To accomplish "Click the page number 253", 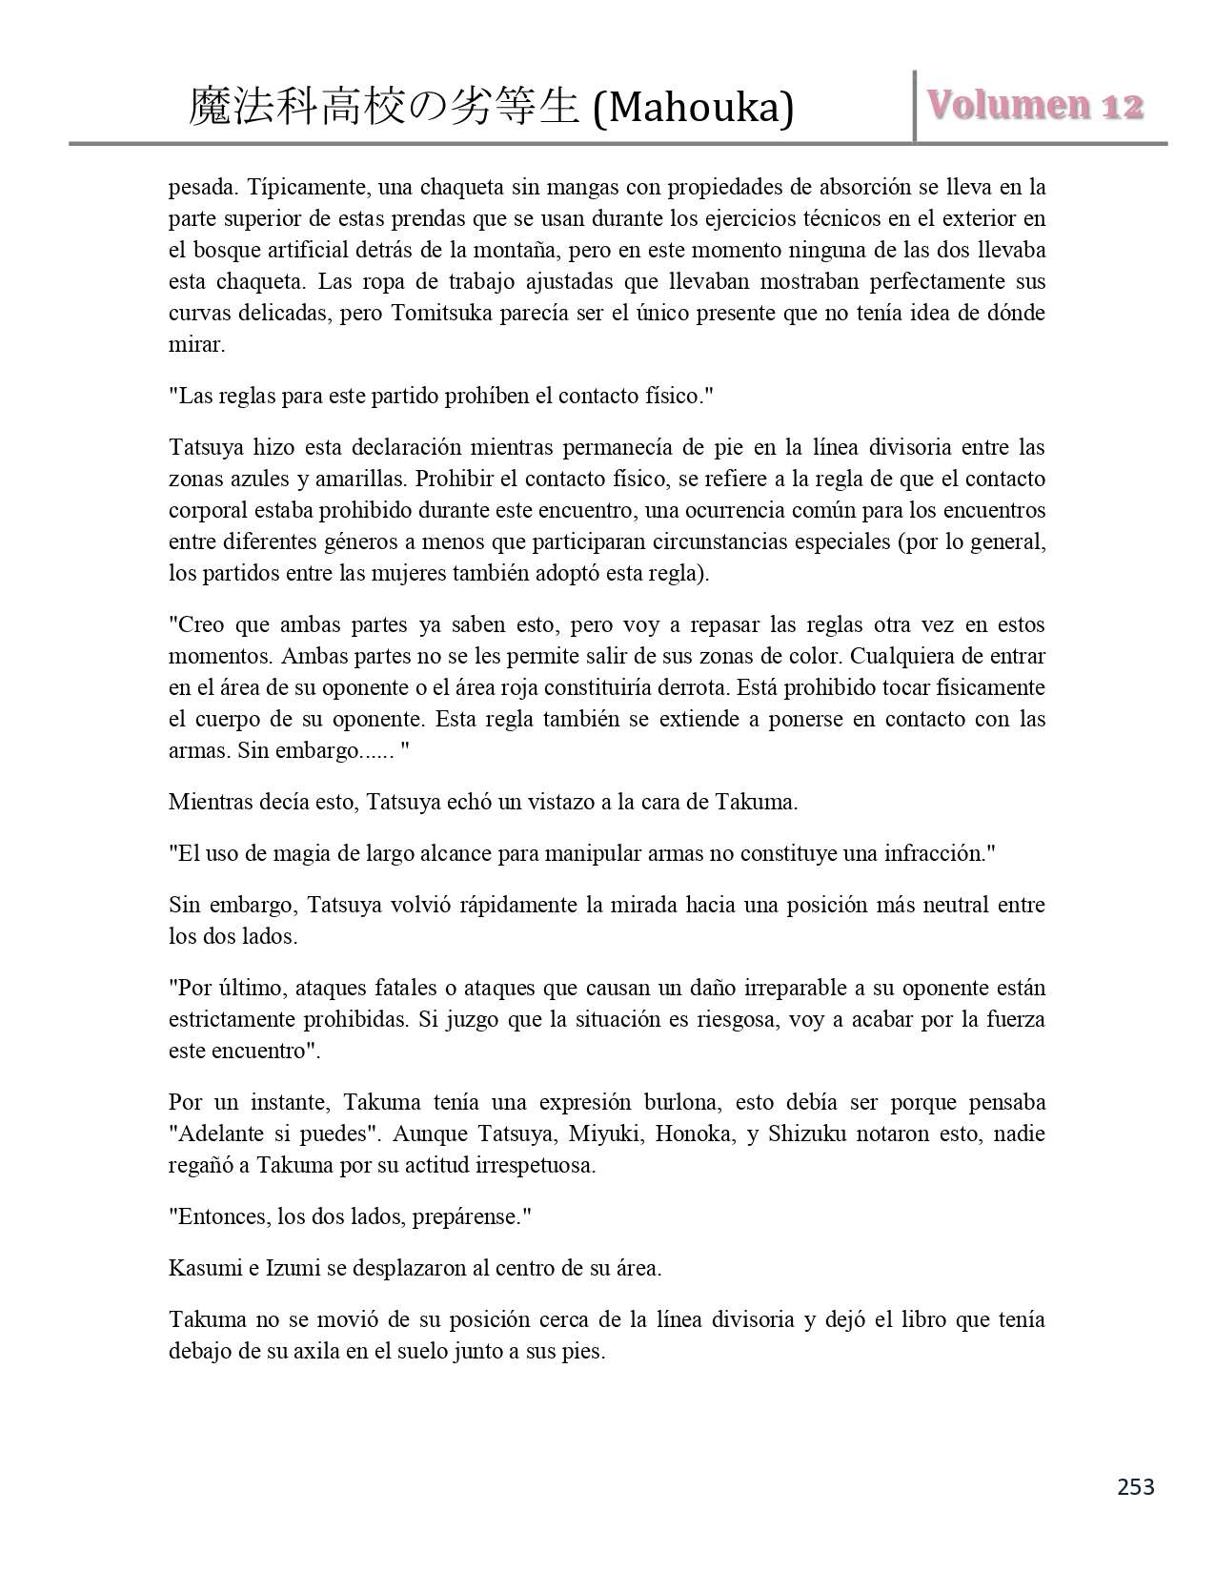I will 1135,1486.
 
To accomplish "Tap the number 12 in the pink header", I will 1122,107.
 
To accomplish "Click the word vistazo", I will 557,802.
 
